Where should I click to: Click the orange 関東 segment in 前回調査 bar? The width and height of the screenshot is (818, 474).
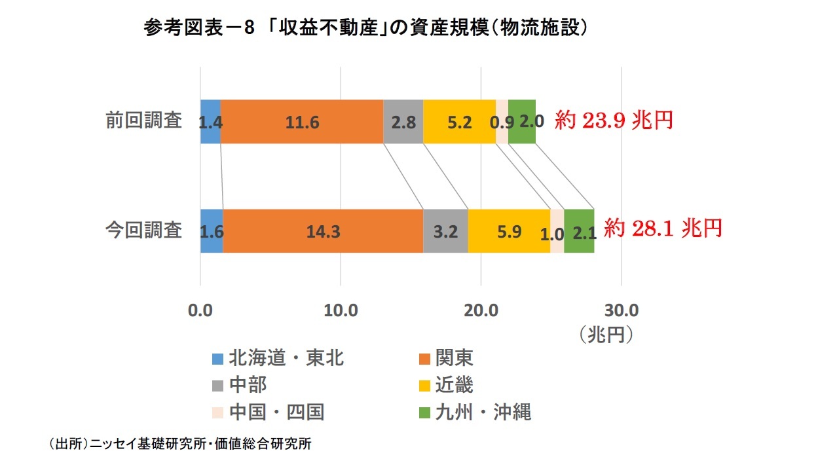coord(302,122)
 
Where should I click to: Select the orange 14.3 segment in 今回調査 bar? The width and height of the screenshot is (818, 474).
coord(323,231)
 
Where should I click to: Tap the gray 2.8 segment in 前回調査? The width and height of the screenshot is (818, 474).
coord(403,122)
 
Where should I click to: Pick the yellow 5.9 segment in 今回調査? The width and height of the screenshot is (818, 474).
coord(509,231)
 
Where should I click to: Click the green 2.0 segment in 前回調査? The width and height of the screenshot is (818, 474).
coord(523,122)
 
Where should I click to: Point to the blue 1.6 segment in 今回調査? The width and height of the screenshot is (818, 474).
coord(212,231)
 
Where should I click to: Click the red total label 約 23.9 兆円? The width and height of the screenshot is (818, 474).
coord(614,120)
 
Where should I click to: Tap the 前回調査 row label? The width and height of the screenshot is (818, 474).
coord(144,121)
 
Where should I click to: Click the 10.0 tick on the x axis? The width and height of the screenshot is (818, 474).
coord(341,310)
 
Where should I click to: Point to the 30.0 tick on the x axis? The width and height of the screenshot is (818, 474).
coord(621,310)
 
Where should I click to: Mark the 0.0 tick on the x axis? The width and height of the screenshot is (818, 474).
coord(200,310)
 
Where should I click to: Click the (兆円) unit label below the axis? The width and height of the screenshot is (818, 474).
coord(606,334)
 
